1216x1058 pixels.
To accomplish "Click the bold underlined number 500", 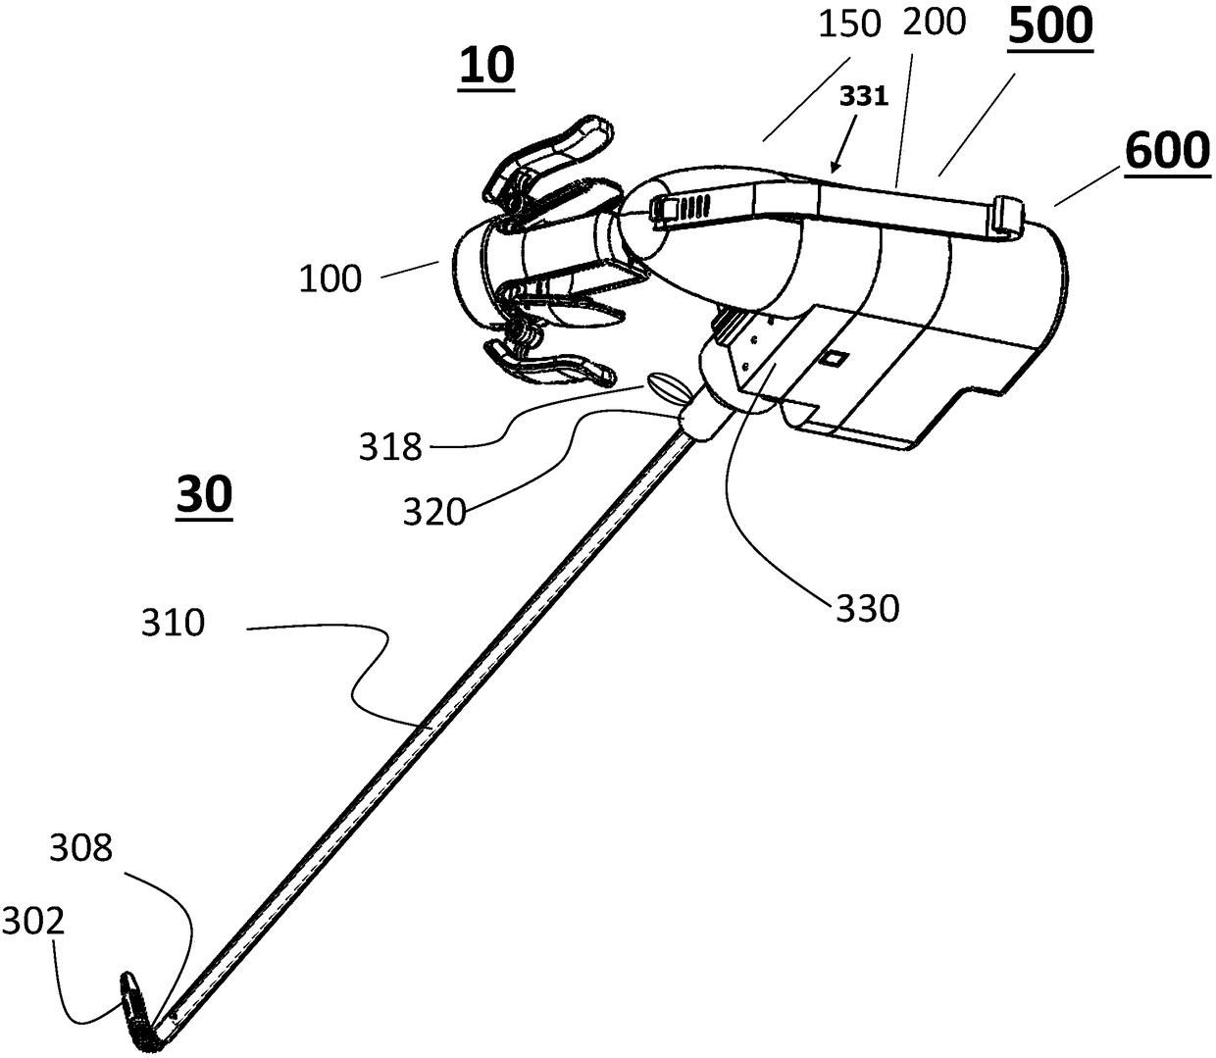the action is (1050, 27).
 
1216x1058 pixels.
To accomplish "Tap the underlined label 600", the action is (1167, 152).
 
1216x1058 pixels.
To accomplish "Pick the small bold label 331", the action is (864, 97).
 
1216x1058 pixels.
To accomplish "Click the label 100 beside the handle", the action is (329, 279).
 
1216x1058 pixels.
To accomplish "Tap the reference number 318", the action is (390, 447).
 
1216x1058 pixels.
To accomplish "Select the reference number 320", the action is (434, 512).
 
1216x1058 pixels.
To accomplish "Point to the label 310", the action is (173, 625).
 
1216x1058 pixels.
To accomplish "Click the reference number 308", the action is (80, 849).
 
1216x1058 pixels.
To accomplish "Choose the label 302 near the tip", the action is (32, 923).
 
